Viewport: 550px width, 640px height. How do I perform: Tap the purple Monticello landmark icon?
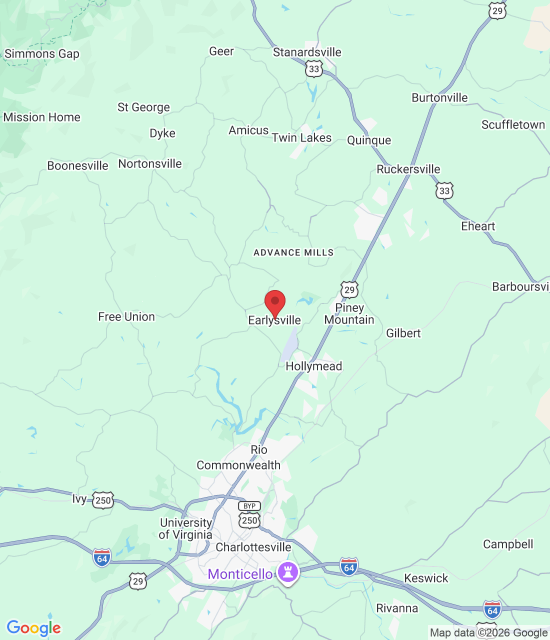pos(288,572)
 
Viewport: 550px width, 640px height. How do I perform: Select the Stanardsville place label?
pos(307,52)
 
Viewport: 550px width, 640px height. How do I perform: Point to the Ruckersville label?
pos(408,169)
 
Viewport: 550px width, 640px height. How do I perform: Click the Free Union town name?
pos(126,316)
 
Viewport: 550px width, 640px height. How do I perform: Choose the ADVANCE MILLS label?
pos(293,252)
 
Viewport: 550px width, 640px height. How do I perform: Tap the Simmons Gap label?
pos(42,53)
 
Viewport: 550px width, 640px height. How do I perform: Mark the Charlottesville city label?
pos(253,547)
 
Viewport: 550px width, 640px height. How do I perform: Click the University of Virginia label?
pos(185,528)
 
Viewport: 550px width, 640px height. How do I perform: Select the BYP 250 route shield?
pos(249,515)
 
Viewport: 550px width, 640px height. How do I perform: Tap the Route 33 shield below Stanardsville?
pos(314,69)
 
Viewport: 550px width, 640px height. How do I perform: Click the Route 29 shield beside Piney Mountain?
pos(349,289)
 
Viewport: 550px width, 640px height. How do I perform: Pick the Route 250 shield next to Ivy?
pos(103,500)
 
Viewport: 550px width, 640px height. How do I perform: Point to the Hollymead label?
pos(313,366)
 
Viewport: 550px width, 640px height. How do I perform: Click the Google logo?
pos(33,628)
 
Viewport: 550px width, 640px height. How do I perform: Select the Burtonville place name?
pos(439,97)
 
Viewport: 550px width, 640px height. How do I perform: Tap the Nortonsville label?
pos(150,163)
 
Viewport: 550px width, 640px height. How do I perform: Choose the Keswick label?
pos(426,578)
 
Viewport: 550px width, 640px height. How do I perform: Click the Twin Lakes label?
pos(301,137)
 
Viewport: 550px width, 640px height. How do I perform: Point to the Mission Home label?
pos(42,117)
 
